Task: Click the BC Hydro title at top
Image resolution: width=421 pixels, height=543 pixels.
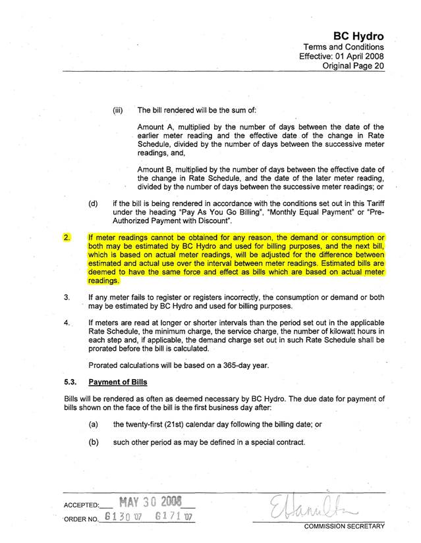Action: pyautogui.click(x=358, y=36)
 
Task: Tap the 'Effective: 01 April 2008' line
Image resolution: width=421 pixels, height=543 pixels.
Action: pyautogui.click(x=341, y=57)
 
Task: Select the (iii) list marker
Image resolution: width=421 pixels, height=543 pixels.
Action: pyautogui.click(x=119, y=110)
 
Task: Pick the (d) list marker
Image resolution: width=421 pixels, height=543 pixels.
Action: pyautogui.click(x=93, y=204)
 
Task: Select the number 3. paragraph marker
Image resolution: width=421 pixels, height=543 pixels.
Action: pyautogui.click(x=67, y=297)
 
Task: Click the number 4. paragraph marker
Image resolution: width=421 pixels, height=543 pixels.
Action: pyautogui.click(x=67, y=323)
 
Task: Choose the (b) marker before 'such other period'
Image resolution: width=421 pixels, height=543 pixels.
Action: pyautogui.click(x=93, y=442)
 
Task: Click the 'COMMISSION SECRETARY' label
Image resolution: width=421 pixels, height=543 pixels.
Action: pyautogui.click(x=343, y=527)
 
